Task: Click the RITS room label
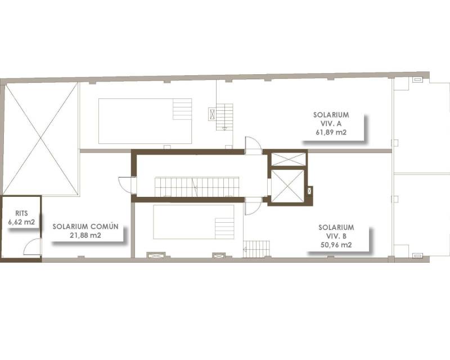click(21, 213)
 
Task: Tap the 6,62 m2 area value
click(21, 222)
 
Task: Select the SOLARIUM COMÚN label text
click(85, 226)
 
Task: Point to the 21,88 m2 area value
click(85, 236)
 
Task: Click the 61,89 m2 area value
click(331, 132)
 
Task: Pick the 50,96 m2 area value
click(336, 245)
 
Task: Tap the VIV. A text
click(331, 123)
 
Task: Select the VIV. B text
click(336, 236)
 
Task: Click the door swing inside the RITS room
click(32, 246)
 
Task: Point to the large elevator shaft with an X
click(287, 186)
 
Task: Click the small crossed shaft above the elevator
click(289, 159)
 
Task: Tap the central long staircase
click(197, 187)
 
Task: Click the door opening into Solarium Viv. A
click(254, 146)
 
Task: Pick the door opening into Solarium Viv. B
click(253, 206)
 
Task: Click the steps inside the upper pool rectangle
click(182, 109)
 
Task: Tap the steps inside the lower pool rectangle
click(224, 228)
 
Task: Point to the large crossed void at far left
click(40, 138)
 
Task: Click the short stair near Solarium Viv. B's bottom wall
click(256, 249)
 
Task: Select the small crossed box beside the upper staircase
click(212, 114)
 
